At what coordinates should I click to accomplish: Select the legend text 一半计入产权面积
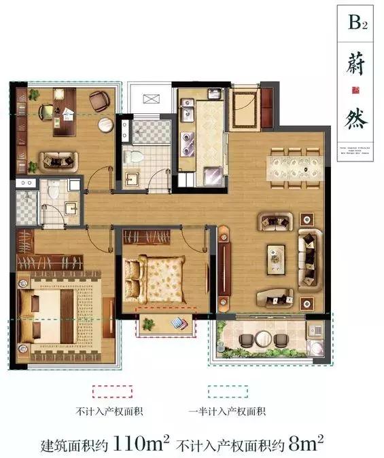(228, 412)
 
